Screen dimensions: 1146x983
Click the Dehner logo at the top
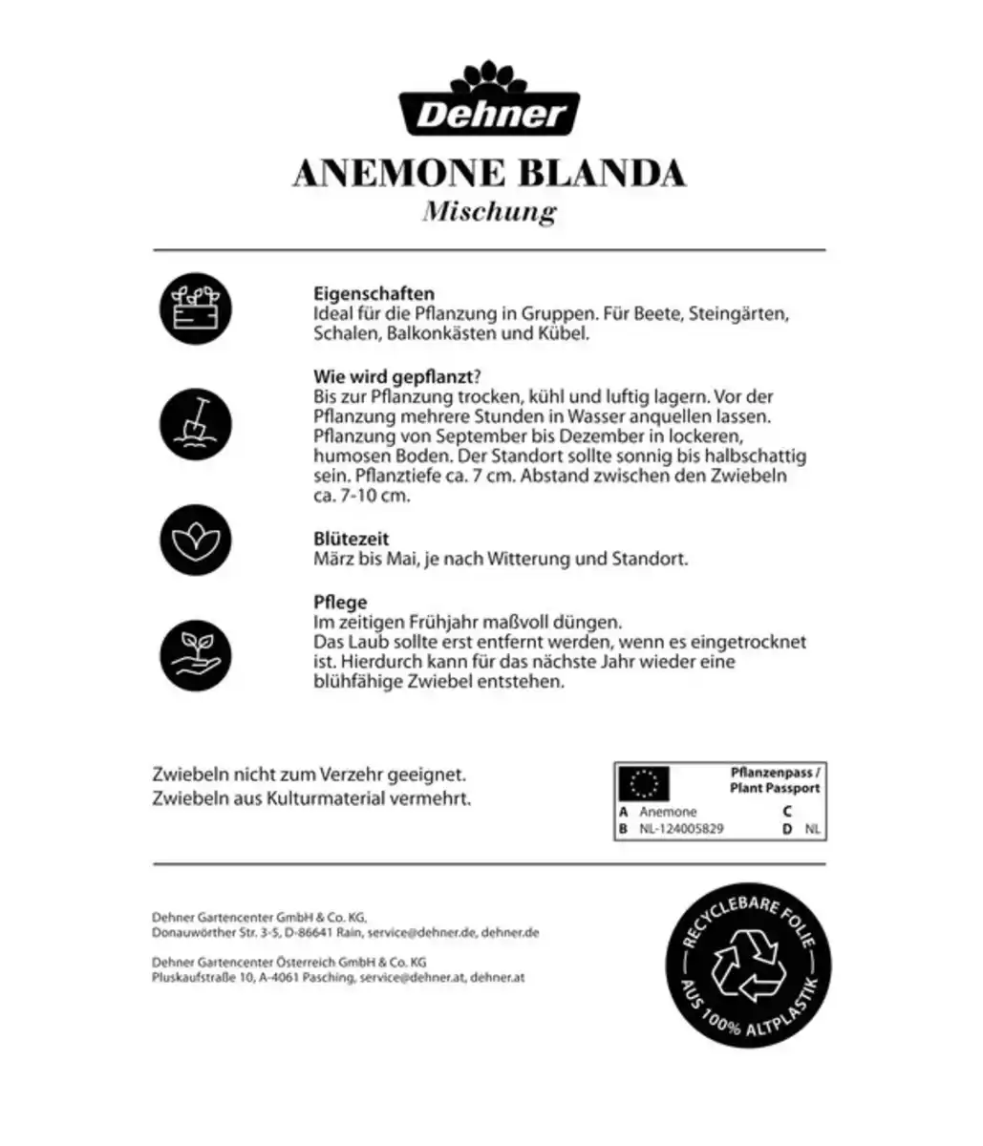[x=490, y=102]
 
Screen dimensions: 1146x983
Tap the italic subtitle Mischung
[x=489, y=211]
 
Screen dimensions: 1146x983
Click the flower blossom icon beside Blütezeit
[x=196, y=540]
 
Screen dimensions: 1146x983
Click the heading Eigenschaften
[x=374, y=294]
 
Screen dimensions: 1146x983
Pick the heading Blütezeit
[x=351, y=540]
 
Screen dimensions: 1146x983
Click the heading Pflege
[x=340, y=603]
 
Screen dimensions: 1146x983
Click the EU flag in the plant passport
[x=644, y=783]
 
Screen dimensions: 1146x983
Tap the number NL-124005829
[x=681, y=829]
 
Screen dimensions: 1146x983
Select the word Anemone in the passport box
[x=668, y=812]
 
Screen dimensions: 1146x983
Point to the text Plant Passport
[x=774, y=789]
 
